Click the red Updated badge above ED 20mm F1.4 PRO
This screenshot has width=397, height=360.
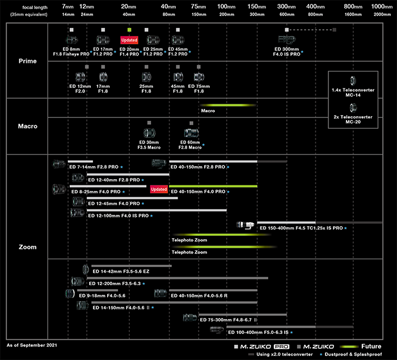tap(129, 40)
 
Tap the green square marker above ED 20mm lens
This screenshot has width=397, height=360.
tap(129, 30)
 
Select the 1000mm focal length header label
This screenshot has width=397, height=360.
tap(382, 7)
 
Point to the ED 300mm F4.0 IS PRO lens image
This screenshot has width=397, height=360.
tap(286, 39)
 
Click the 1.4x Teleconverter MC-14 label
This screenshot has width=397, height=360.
tap(353, 92)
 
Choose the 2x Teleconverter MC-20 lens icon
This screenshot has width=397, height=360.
tap(353, 108)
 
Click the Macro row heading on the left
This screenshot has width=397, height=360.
tap(28, 126)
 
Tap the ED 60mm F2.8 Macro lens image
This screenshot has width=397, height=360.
tap(191, 133)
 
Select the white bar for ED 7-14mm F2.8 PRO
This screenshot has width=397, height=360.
tap(81, 162)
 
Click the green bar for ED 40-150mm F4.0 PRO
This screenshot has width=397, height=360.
tap(213, 187)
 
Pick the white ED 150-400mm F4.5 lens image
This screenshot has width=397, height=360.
tap(245, 225)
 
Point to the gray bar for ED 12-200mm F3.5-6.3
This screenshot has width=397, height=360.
tap(177, 278)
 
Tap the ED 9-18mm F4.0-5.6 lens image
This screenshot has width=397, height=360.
tap(70, 294)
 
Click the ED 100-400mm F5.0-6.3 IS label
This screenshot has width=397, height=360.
tap(258, 332)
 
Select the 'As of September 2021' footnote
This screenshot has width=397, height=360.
tap(32, 345)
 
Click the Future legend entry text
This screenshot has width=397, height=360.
tap(371, 346)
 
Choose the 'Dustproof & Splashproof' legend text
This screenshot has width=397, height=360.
tap(353, 354)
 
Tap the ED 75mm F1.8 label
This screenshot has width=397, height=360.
tap(199, 88)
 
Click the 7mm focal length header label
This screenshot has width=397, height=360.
tap(68, 7)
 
